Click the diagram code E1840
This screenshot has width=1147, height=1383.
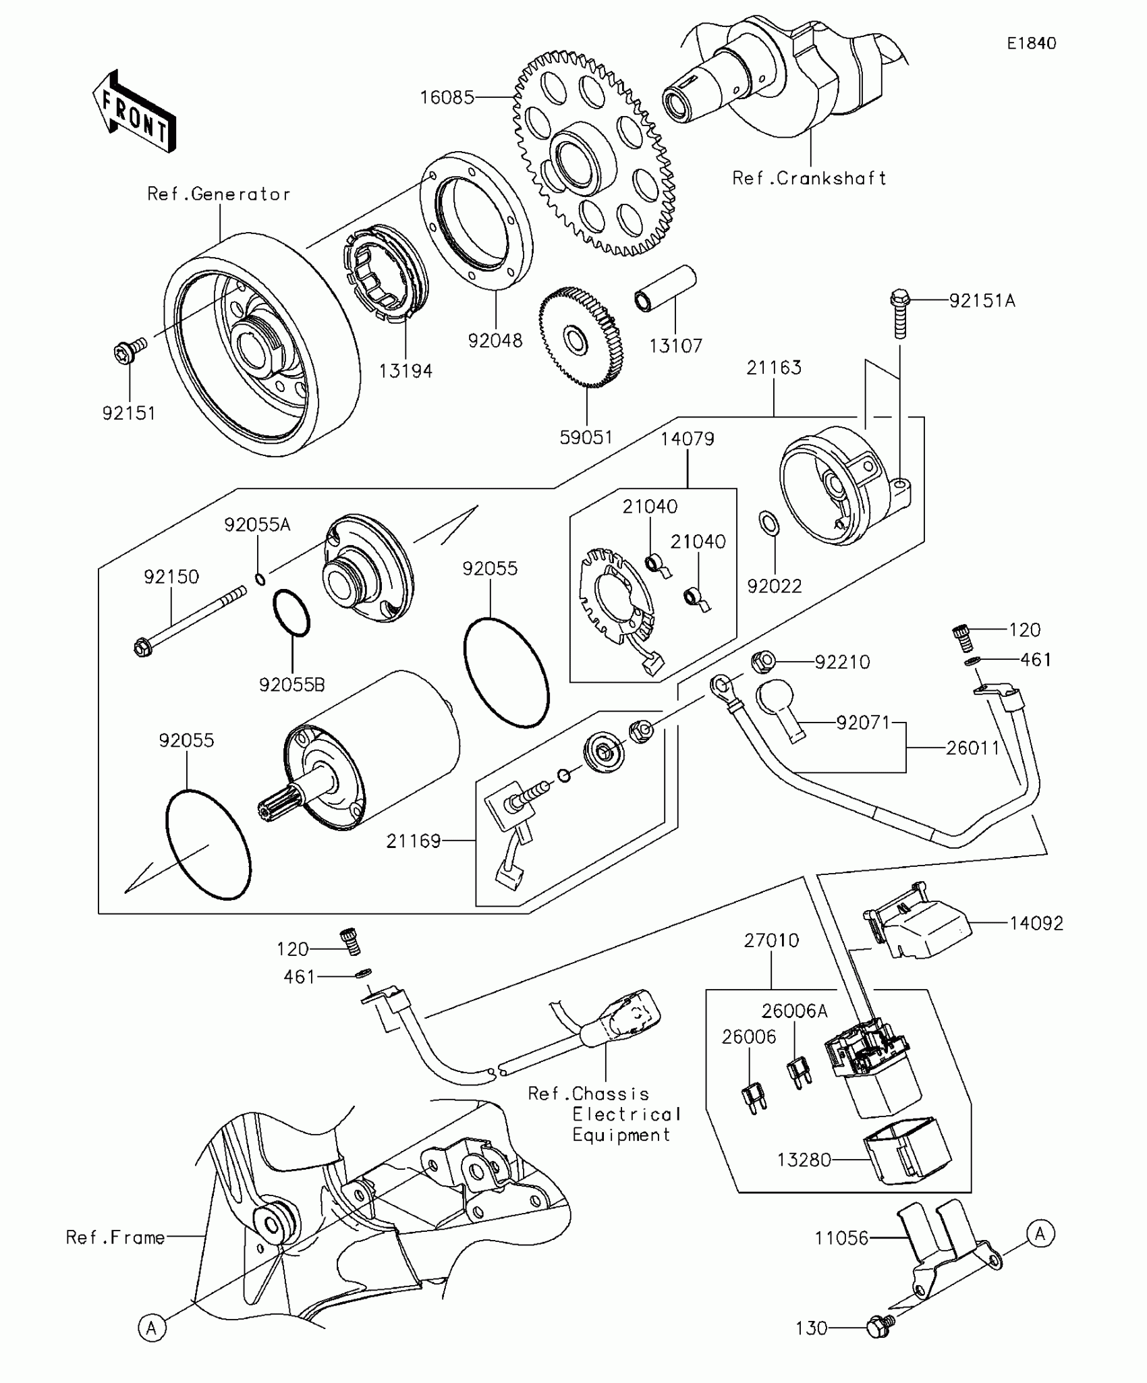[1032, 44]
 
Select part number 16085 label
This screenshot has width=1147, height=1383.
[447, 98]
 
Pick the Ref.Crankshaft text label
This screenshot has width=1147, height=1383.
[809, 179]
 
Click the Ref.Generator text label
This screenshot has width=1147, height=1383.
[219, 194]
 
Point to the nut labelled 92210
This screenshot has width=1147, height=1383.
[764, 661]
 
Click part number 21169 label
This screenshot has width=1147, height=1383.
[413, 841]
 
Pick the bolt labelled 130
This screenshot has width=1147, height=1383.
[879, 1327]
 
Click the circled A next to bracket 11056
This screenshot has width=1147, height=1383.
[1040, 1234]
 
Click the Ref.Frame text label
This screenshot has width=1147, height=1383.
[115, 1237]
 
